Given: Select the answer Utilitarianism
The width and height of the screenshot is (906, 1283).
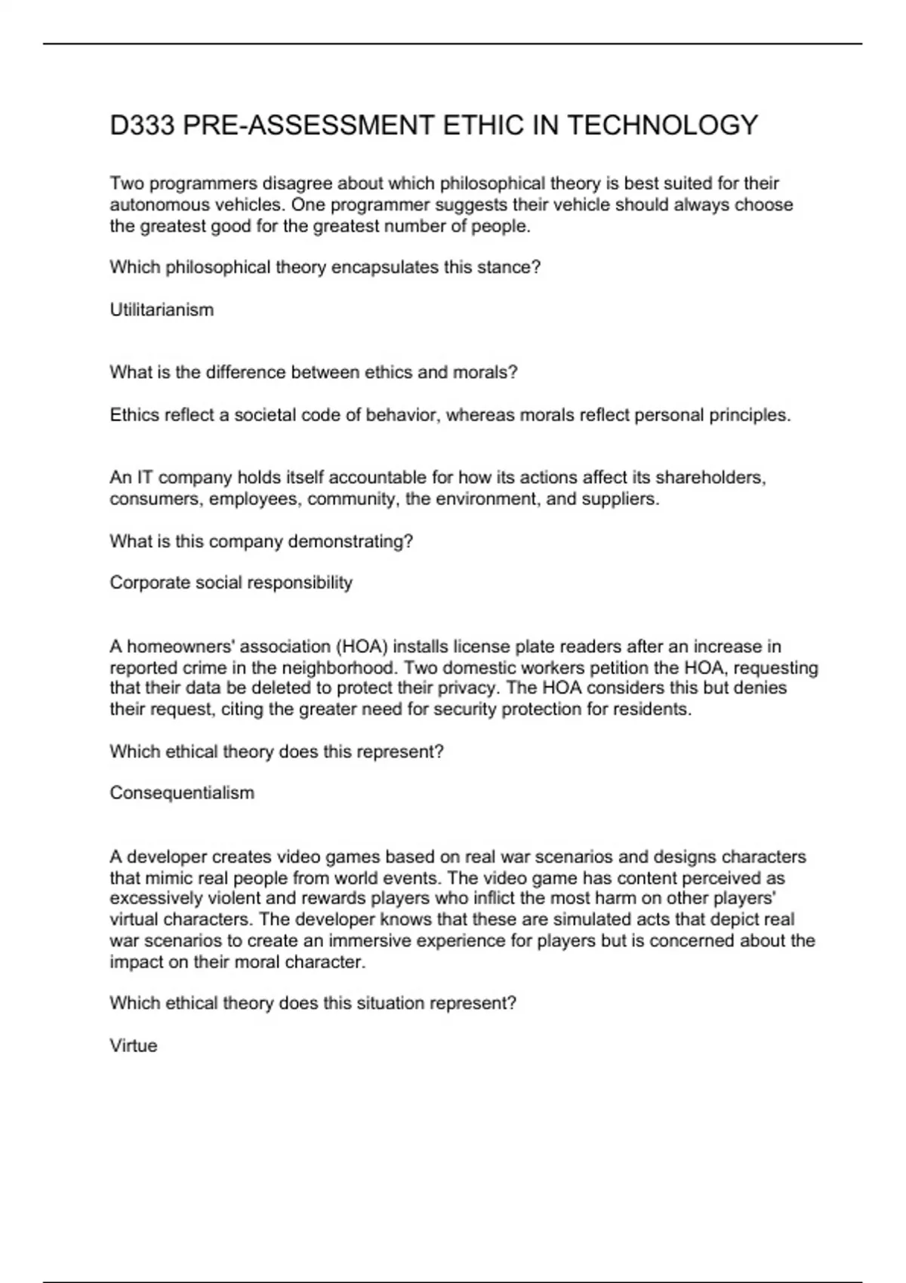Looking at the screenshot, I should (162, 309).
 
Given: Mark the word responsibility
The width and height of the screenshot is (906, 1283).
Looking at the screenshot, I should (306, 583).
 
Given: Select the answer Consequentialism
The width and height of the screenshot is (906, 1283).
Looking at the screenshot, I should (182, 792).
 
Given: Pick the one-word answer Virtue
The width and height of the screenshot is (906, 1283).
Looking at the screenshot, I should (134, 1045).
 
